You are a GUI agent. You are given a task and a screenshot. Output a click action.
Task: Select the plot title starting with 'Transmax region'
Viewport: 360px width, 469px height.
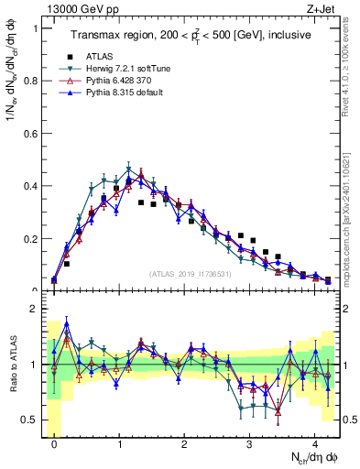(190, 34)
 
